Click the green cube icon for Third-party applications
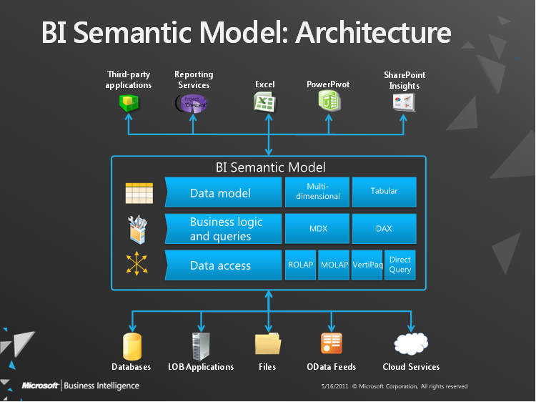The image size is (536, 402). (x=129, y=103)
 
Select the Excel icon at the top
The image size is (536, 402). (x=264, y=102)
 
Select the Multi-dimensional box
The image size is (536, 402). (x=317, y=192)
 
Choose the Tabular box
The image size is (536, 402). (x=384, y=192)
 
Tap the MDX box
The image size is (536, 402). (x=317, y=229)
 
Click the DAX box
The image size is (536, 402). (x=384, y=229)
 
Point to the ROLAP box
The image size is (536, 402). (x=300, y=265)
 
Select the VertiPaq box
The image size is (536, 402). (x=367, y=265)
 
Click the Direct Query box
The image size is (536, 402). (x=400, y=265)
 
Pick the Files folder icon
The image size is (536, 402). (x=267, y=344)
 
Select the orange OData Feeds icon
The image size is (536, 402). (x=331, y=344)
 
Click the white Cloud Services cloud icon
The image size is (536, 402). (x=411, y=344)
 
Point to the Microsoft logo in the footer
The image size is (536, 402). (x=40, y=386)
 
